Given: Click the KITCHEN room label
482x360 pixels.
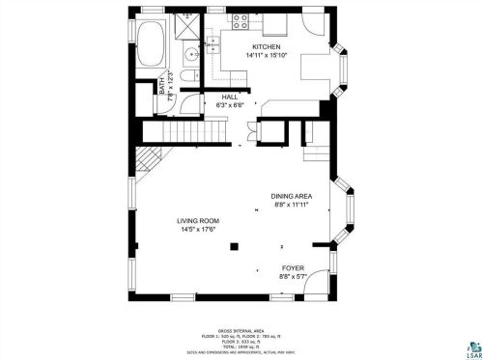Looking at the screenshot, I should click(x=267, y=47).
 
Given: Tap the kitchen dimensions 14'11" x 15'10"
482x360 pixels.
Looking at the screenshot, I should click(x=267, y=56).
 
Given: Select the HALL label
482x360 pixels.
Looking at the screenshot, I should click(x=230, y=97).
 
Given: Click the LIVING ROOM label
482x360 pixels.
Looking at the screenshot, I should click(x=196, y=220).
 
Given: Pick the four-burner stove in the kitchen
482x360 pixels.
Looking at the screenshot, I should click(x=239, y=20).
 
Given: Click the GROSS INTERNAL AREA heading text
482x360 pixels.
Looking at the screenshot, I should click(x=240, y=328).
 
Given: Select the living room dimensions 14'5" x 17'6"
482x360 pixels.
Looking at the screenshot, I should click(x=196, y=229).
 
